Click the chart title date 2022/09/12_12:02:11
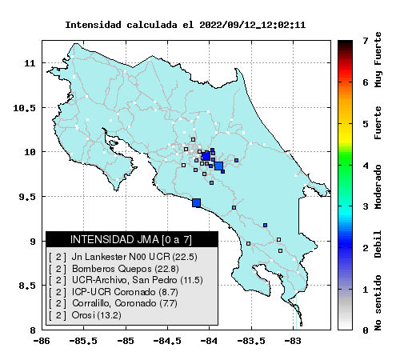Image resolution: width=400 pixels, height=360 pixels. [252, 25]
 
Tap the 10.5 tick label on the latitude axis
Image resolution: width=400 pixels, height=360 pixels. [24, 108]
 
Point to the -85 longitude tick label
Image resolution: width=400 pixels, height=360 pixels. [126, 341]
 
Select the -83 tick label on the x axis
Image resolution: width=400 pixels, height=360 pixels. [294, 341]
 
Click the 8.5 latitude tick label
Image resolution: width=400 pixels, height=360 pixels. [26, 286]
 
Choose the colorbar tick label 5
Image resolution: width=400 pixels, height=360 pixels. [366, 124]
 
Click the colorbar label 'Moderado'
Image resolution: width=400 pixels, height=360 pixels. [378, 186]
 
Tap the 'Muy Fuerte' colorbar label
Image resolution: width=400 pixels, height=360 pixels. [378, 59]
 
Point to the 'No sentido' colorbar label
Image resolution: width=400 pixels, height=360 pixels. [378, 302]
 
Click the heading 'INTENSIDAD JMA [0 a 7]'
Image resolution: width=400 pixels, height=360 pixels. [131, 239]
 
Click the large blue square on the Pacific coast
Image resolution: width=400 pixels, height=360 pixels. [197, 203]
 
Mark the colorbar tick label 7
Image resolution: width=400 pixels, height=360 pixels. [366, 41]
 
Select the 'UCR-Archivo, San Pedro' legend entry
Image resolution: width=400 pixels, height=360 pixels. [125, 280]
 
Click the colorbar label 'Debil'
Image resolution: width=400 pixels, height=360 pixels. [378, 244]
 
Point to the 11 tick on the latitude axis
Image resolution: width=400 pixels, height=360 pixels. [30, 63]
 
